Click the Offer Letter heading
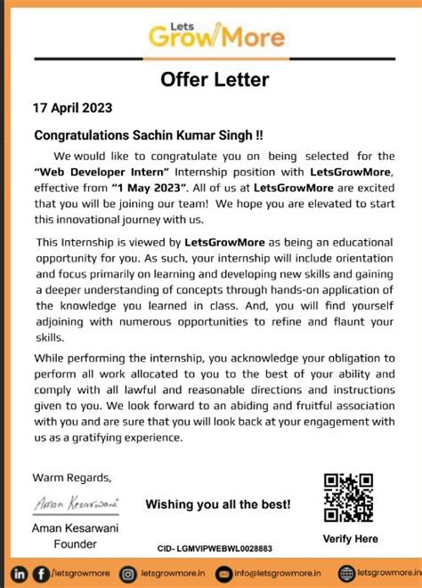(215, 81)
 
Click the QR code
(348, 497)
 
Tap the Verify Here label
(350, 538)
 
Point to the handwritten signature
(77, 503)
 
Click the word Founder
(77, 544)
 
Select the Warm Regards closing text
(73, 476)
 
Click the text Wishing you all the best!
(218, 504)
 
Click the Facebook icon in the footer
(41, 574)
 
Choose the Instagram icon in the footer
(128, 574)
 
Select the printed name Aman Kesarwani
(77, 529)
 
